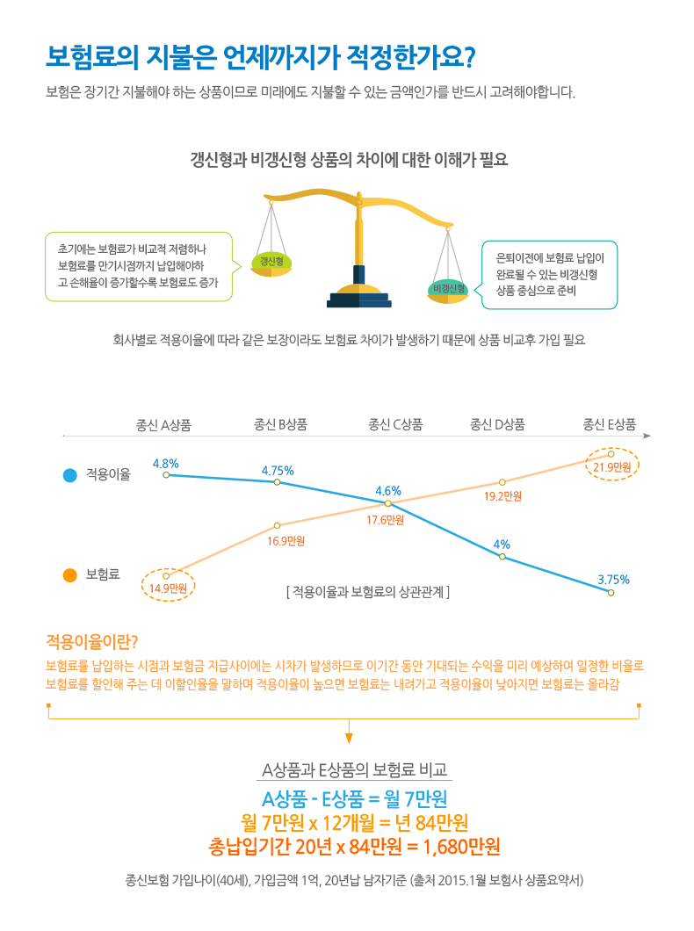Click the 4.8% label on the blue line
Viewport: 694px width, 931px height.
pyautogui.click(x=166, y=464)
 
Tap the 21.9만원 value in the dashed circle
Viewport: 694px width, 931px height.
pyautogui.click(x=612, y=467)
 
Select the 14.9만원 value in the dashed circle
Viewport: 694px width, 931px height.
pyautogui.click(x=168, y=588)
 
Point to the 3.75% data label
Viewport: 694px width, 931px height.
pyautogui.click(x=613, y=580)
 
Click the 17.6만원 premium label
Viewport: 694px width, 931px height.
pyautogui.click(x=386, y=520)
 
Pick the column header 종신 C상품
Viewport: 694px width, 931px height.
pyautogui.click(x=395, y=424)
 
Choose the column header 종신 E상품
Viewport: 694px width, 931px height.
pyautogui.click(x=610, y=424)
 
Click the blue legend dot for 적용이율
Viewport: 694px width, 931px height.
pyautogui.click(x=70, y=475)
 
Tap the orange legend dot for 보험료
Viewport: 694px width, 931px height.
pyautogui.click(x=70, y=574)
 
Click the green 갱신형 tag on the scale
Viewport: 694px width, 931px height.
pyautogui.click(x=271, y=261)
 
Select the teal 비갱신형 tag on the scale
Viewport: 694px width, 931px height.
pyautogui.click(x=448, y=289)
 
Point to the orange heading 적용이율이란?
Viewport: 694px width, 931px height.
pyautogui.click(x=92, y=642)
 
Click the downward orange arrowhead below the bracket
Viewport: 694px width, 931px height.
pyautogui.click(x=349, y=738)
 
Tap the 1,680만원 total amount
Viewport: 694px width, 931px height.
pyautogui.click(x=461, y=847)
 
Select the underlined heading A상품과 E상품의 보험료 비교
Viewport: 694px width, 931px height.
pyautogui.click(x=355, y=770)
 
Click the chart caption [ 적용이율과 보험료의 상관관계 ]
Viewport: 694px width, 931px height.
pyautogui.click(x=367, y=592)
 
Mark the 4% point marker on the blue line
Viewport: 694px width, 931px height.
pyautogui.click(x=502, y=557)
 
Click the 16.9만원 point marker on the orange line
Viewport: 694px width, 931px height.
pyautogui.click(x=278, y=525)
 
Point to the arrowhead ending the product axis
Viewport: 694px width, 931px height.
pyautogui.click(x=647, y=436)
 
